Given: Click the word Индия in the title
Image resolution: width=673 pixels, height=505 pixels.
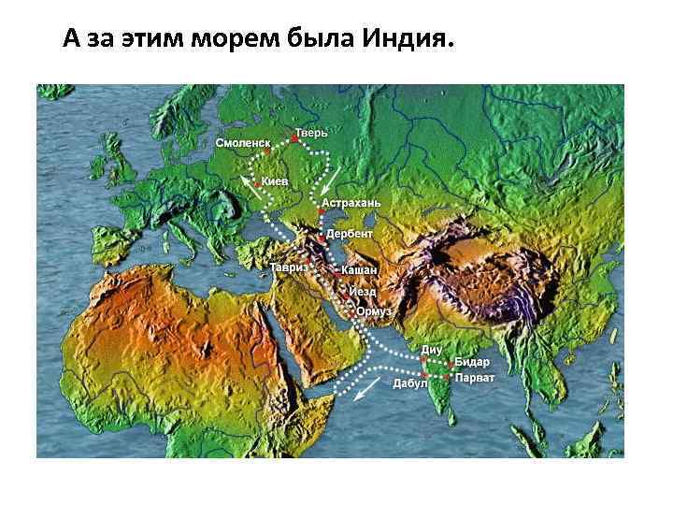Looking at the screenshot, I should click(406, 40).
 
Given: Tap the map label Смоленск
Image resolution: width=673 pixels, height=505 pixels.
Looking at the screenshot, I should click(243, 143).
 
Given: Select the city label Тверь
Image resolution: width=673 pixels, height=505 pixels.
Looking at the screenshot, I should click(312, 133).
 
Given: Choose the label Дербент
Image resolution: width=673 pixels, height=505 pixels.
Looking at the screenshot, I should click(350, 233).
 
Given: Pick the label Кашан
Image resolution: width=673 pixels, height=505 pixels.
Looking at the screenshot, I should click(360, 269).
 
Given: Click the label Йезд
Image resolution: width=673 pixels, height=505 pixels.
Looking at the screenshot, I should click(363, 292).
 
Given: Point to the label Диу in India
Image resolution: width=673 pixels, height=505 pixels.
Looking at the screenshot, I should click(432, 349).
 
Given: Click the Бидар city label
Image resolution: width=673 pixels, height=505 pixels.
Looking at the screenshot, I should click(472, 362).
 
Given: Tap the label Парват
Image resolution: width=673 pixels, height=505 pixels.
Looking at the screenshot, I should click(475, 378).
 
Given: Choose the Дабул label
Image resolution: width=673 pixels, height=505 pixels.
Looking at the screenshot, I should click(409, 383).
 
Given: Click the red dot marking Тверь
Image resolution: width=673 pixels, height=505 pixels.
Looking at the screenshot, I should click(294, 139).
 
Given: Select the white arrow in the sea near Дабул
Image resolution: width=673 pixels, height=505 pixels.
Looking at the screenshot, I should click(372, 387).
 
